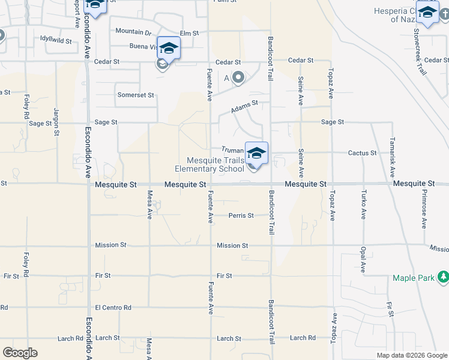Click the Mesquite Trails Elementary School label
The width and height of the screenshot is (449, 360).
point(215,164)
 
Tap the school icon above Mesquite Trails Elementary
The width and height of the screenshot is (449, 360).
point(256,153)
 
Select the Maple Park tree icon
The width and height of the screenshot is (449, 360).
point(443,277)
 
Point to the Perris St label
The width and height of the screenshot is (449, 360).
point(241,215)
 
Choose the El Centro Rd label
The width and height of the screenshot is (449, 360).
point(113,308)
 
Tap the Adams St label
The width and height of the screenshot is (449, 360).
point(244,106)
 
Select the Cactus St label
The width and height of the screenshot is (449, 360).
point(362,153)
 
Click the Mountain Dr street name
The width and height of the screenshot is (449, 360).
point(133,31)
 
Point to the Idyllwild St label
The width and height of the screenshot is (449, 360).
point(56,41)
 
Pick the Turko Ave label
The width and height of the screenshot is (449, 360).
point(364,205)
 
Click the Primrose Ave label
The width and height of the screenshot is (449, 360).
point(424,212)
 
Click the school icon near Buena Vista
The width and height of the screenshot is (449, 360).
point(169,48)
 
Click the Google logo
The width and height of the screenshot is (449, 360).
point(20,353)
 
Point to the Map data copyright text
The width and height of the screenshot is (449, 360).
point(411,355)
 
